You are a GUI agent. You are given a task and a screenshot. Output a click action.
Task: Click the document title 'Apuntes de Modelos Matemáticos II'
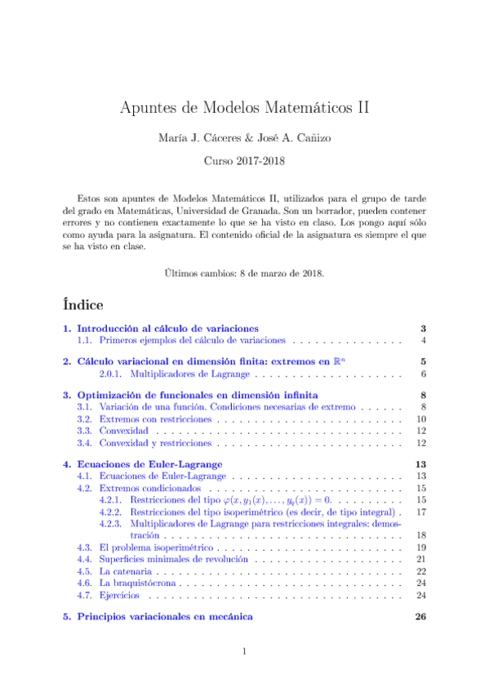click(x=244, y=107)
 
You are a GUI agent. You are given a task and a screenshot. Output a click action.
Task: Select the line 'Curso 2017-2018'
click(x=244, y=162)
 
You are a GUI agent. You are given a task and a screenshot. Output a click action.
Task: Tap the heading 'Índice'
click(x=86, y=303)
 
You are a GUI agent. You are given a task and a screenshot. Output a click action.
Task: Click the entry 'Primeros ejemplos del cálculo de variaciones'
click(x=192, y=340)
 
